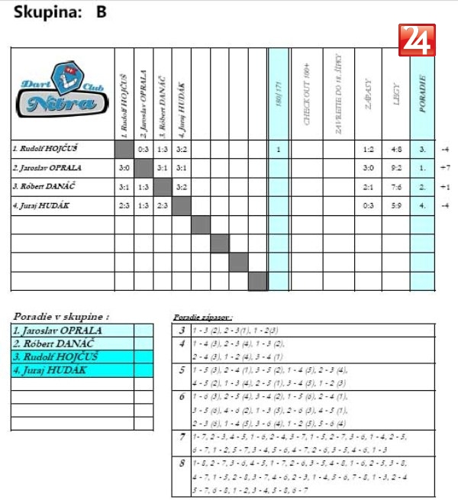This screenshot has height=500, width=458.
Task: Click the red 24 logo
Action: coord(417,40)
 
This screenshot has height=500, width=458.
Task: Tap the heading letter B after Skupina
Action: coord(102,12)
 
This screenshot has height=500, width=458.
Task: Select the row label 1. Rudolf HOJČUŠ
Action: coord(45,148)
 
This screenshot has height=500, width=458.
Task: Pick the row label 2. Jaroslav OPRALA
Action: coord(47,167)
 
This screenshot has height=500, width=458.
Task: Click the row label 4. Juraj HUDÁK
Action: coord(42,205)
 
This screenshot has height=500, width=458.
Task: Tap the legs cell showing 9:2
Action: coord(395,168)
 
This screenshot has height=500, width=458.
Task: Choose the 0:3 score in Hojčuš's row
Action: coord(143,149)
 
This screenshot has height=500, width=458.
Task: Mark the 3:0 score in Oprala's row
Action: coord(124,168)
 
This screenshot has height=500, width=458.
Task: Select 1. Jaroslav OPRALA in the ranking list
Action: coord(57,331)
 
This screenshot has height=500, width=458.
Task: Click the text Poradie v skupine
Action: coord(61,315)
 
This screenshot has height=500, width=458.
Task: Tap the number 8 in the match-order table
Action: coord(182,463)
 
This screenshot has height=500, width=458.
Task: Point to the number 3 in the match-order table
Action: coord(182,331)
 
